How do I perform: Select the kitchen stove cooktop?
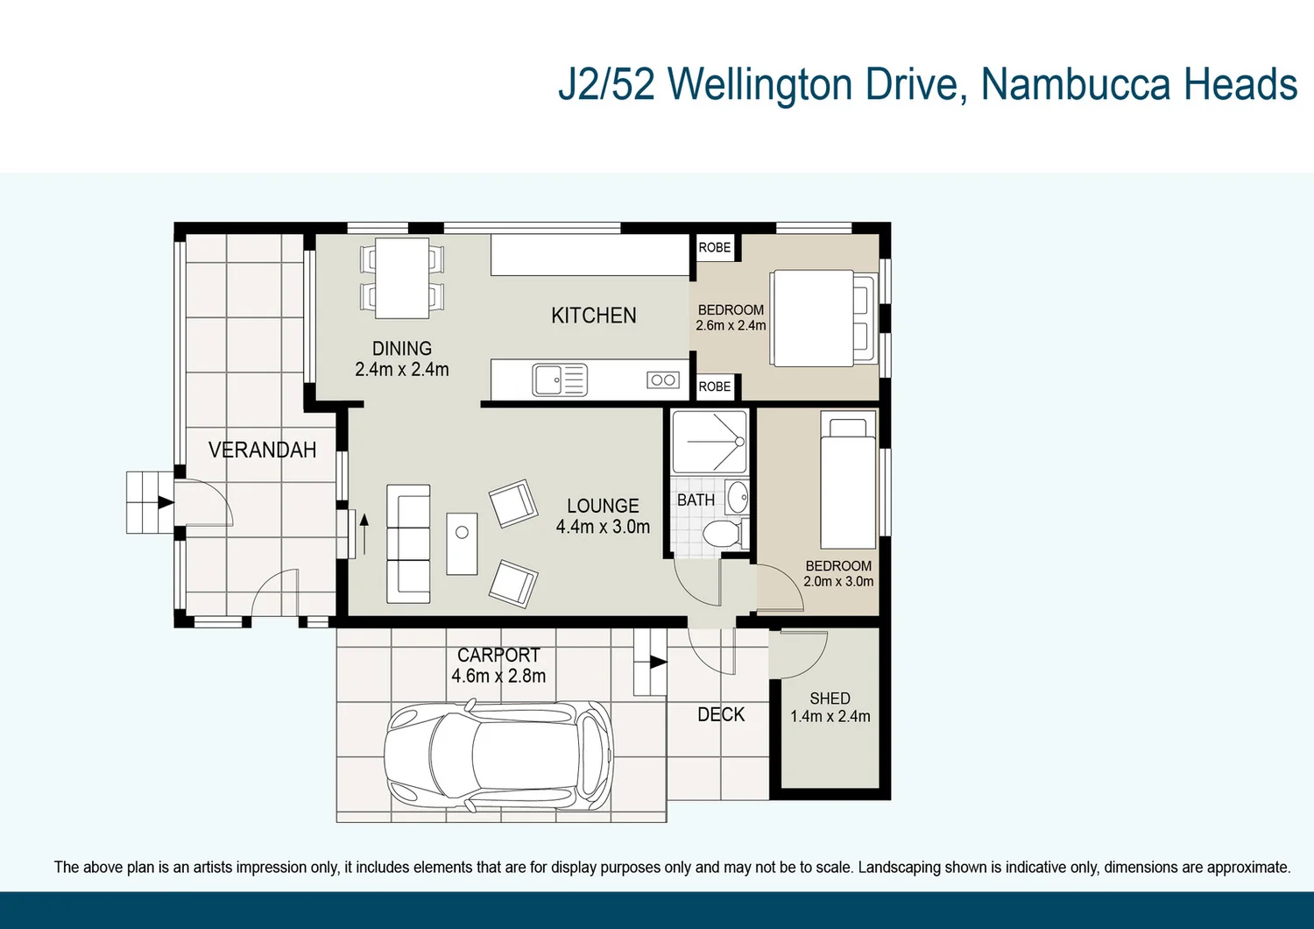[x=663, y=379]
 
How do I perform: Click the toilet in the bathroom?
[x=723, y=533]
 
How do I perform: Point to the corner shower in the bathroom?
[x=710, y=442]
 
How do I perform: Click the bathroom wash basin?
[x=738, y=497]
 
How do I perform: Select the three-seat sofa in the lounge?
[x=409, y=543]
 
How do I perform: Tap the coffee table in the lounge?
[x=462, y=543]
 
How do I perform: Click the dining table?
[x=402, y=278]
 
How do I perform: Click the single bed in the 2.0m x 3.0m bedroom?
[x=848, y=479]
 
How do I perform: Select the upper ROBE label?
[x=715, y=248]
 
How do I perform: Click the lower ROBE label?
[x=715, y=386]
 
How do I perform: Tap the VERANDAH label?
[x=262, y=450]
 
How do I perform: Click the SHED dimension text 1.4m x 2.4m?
[x=830, y=716]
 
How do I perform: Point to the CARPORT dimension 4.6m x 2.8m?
[x=498, y=676]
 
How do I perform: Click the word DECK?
[x=721, y=714]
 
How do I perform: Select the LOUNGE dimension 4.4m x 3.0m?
[x=603, y=527]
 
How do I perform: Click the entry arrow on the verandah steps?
[x=165, y=502]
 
